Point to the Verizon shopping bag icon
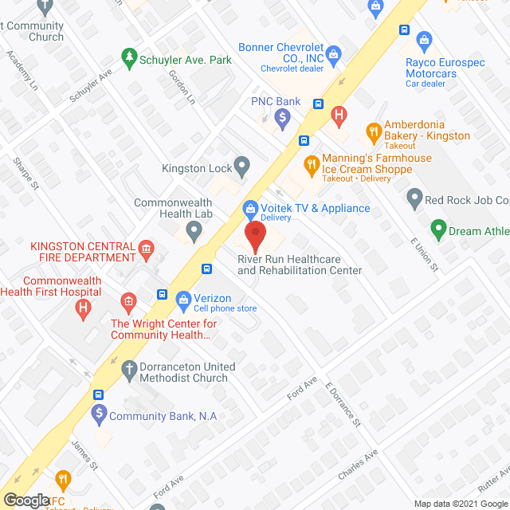[x=182, y=300]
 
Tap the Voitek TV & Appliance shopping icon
[x=249, y=209]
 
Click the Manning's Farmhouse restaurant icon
[x=311, y=166]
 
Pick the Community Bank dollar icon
[x=98, y=414]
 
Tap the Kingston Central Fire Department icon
[x=146, y=252]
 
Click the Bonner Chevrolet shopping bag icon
[x=335, y=54]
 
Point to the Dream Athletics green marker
[x=437, y=231]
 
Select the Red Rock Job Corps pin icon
[x=414, y=197]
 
